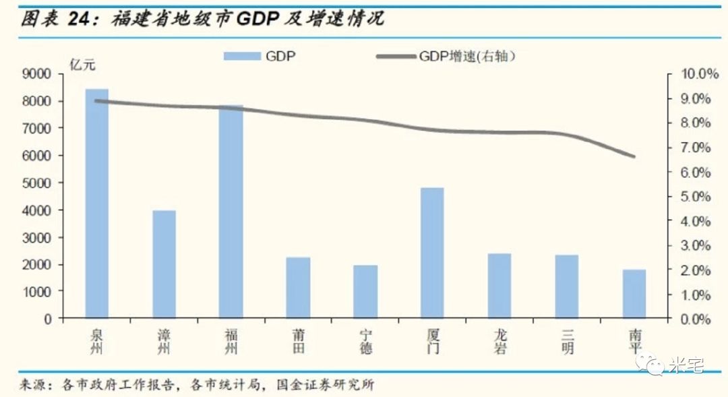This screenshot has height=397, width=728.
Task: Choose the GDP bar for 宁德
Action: (x=365, y=292)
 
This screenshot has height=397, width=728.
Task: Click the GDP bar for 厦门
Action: (x=432, y=253)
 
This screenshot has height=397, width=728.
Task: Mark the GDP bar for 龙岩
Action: (x=499, y=286)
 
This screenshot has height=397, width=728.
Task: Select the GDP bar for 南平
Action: (x=634, y=294)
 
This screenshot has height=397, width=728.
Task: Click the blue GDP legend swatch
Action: (x=242, y=57)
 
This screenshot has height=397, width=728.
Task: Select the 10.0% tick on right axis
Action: (x=694, y=74)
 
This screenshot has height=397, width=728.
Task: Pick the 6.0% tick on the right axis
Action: (x=694, y=173)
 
